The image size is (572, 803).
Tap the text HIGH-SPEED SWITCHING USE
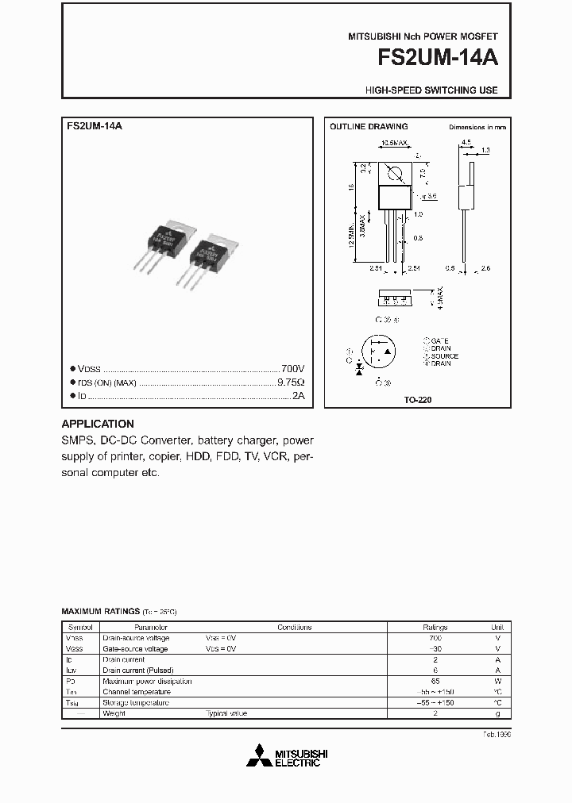tap(431, 90)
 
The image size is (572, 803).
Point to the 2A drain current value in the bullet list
tap(298, 394)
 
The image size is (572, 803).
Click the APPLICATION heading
tap(98, 424)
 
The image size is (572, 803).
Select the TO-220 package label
tap(418, 400)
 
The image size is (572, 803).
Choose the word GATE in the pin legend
tap(439, 340)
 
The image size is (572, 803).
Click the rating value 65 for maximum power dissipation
tap(435, 682)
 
